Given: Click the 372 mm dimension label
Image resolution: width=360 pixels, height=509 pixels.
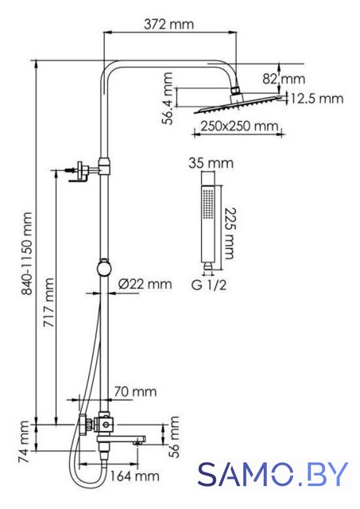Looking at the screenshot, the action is pos(168,25).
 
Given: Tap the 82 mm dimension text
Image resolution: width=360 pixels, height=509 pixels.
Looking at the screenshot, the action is pos(284,79).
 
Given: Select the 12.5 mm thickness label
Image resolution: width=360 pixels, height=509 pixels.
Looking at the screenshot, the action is pos(316,99).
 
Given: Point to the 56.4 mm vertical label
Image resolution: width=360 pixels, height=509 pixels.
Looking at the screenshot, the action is pos(168,99).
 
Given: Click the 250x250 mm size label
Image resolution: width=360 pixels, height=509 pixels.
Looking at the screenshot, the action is pos(239,126).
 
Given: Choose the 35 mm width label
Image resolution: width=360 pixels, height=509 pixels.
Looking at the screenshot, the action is pos(211,163).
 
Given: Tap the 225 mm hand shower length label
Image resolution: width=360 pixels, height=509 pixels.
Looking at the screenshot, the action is pos(230,233).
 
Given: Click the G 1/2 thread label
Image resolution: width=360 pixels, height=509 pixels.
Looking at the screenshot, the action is pos(209,286).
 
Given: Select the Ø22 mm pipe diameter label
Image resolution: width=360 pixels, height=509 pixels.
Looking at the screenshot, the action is pos(145,284).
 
